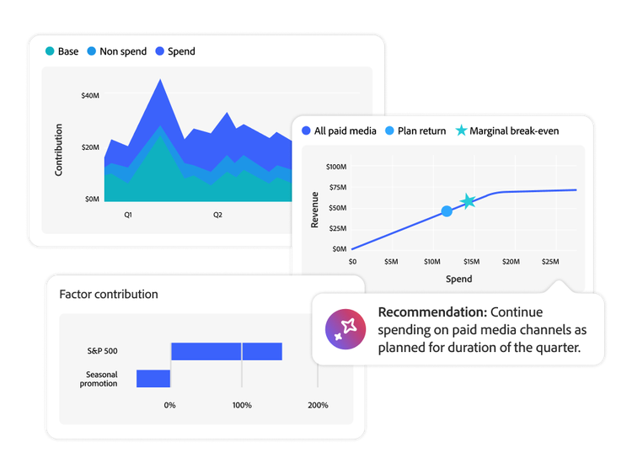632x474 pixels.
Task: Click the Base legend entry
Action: tap(67, 51)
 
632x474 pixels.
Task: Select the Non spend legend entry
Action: tap(121, 51)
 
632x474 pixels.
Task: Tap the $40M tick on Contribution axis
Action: tap(91, 96)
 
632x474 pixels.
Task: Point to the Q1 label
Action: tap(128, 215)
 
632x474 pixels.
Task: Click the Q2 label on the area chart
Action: tap(217, 215)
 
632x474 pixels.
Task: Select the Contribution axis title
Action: tap(59, 150)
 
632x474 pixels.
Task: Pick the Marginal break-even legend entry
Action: tap(513, 130)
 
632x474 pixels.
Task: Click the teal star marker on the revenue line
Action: tap(468, 201)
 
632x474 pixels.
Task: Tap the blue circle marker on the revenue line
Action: tap(447, 210)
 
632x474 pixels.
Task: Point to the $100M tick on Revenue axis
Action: tap(335, 167)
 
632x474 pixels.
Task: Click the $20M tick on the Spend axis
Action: tap(511, 262)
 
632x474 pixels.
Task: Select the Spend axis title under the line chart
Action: tap(458, 279)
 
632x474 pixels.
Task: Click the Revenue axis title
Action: tap(314, 210)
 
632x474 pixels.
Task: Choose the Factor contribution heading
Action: tap(109, 295)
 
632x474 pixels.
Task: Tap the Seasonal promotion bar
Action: tap(153, 378)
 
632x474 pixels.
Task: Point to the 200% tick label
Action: tap(318, 405)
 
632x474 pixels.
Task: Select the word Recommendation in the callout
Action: tap(432, 312)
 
